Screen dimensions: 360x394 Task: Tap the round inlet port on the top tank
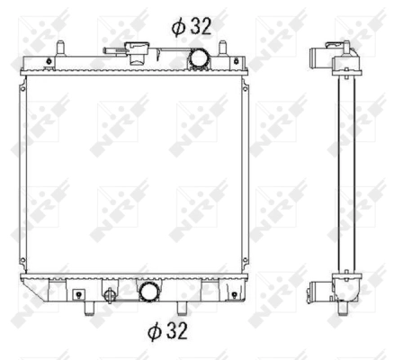pyautogui.click(x=198, y=58)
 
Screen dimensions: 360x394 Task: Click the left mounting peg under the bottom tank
pyautogui.click(x=90, y=308)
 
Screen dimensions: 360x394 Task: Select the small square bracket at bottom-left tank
pyautogui.click(x=79, y=293)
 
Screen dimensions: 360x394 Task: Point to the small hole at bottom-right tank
pyautogui.click(x=234, y=293)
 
